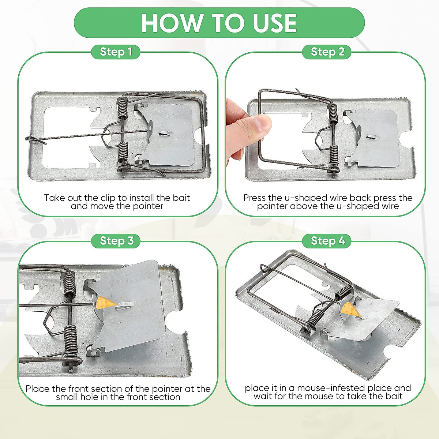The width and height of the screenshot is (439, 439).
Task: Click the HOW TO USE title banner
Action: [x=219, y=23]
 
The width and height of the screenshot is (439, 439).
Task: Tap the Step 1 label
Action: [x=116, y=52]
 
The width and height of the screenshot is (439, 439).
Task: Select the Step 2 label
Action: [x=327, y=52]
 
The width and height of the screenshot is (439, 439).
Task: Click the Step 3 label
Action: [x=116, y=241]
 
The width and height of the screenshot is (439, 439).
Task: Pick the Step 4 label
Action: [x=327, y=241]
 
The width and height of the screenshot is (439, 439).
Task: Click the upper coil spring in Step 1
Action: [x=123, y=108]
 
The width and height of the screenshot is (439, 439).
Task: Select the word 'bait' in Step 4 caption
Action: [x=394, y=396]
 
